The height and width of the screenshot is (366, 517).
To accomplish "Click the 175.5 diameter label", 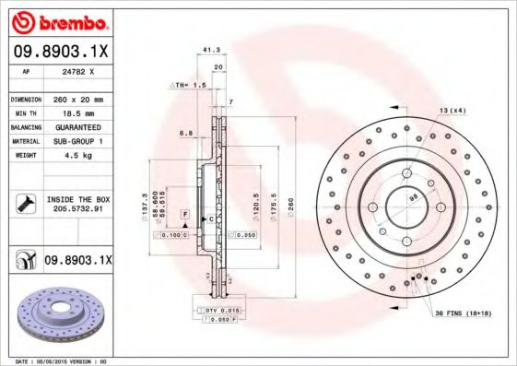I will (274, 203).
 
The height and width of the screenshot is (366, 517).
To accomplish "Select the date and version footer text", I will (55, 360).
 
